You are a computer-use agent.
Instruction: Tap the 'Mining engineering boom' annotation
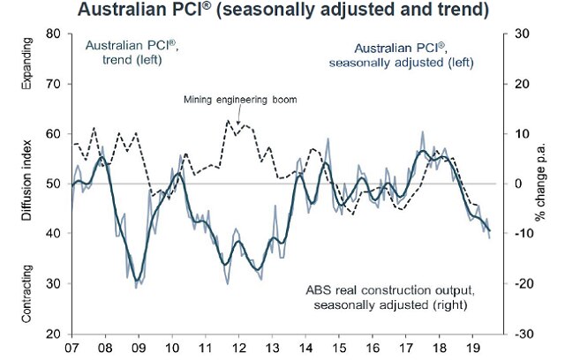[x=239, y=100]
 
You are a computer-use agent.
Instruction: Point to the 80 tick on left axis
[x=55, y=34]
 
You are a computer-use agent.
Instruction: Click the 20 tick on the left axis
[x=55, y=334]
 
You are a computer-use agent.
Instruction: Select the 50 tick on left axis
[x=55, y=184]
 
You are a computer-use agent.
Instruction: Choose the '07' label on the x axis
[x=72, y=349]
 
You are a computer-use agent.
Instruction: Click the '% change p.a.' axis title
[x=546, y=185]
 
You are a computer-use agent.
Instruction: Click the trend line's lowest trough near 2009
[x=138, y=278]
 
